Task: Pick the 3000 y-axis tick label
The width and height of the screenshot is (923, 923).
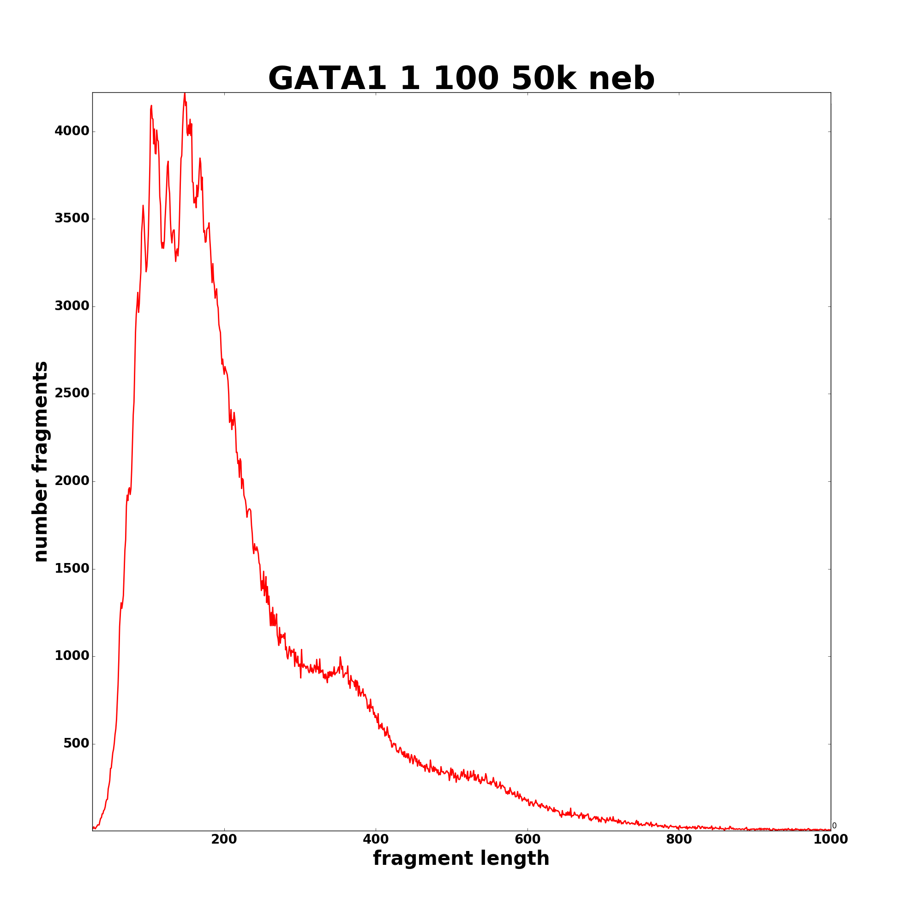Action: [72, 306]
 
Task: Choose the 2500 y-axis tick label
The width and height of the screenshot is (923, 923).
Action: [72, 393]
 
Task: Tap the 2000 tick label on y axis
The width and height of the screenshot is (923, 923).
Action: [72, 480]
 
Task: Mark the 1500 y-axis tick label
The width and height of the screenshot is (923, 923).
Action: [72, 569]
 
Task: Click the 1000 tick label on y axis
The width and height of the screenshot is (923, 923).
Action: [72, 656]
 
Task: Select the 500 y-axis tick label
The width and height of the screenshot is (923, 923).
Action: [77, 743]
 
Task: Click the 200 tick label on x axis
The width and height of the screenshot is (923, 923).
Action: [224, 839]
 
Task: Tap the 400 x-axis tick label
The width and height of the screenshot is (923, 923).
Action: [376, 839]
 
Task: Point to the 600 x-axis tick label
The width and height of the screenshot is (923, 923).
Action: [527, 839]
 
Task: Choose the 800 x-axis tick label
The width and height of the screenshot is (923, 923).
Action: [679, 839]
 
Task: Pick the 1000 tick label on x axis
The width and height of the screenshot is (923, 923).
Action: [830, 839]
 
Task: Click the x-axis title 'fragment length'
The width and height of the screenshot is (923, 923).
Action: [461, 858]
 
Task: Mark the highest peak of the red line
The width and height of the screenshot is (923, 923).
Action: [185, 94]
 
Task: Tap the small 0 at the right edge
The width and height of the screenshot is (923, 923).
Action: [834, 826]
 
